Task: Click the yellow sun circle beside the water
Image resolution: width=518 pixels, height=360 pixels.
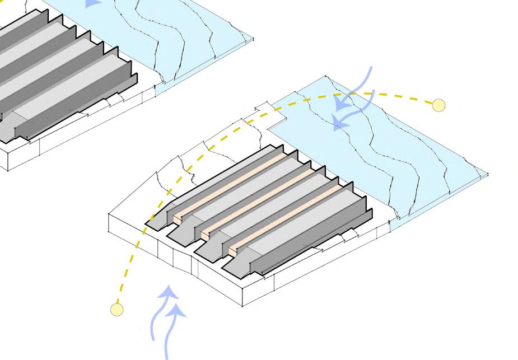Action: [438, 105]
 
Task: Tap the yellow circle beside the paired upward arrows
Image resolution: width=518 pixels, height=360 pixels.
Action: [116, 308]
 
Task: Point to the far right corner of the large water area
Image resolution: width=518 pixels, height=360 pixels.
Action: [488, 175]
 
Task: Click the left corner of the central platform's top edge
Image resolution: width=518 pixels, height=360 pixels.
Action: [108, 214]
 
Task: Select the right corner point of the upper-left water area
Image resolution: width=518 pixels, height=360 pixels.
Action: [253, 39]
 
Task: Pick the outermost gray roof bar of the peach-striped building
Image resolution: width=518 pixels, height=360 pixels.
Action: [314, 235]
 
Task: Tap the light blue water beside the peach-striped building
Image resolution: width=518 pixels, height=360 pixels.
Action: [392, 151]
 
